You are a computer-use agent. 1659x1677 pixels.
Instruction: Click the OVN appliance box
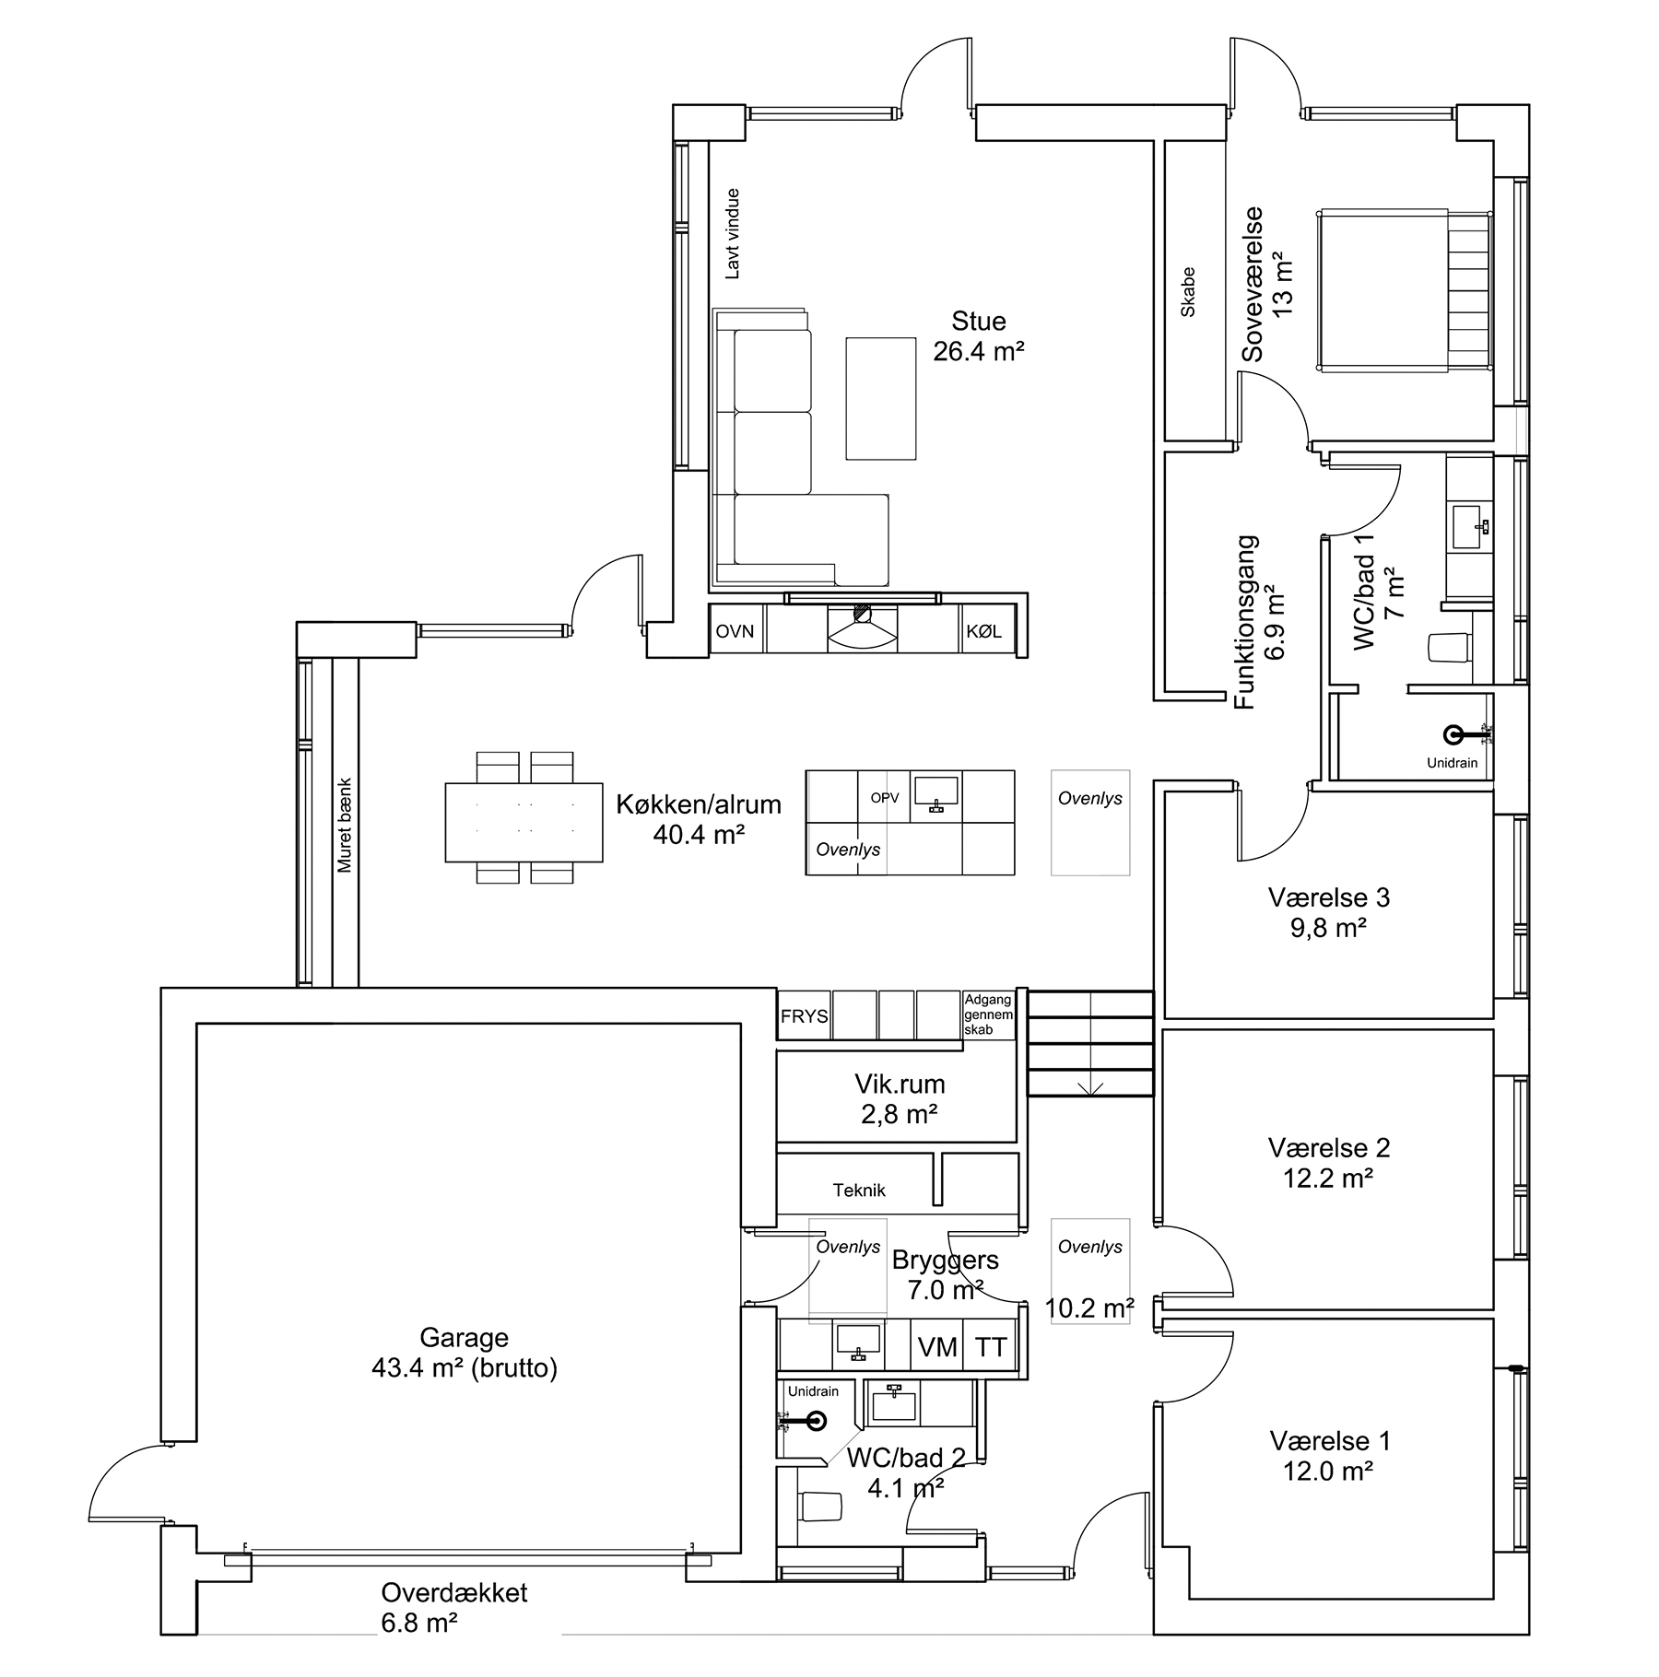pos(736,631)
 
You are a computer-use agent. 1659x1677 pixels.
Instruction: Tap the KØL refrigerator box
pos(986,631)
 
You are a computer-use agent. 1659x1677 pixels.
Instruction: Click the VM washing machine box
pos(937,1346)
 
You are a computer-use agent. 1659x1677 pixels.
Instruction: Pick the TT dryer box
pos(991,1346)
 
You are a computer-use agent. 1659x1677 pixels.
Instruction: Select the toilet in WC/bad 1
pos(1448,647)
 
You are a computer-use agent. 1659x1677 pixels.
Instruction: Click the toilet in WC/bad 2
pos(821,1507)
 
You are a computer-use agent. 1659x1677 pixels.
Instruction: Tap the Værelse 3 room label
pos(1328,897)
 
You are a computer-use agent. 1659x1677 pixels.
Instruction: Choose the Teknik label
pos(859,1190)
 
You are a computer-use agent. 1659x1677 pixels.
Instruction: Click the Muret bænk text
pos(345,826)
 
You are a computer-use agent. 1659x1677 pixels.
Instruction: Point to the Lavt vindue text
pos(733,234)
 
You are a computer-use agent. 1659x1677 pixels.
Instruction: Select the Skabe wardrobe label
pos(1188,292)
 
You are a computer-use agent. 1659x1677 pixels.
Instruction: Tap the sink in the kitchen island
pos(935,793)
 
